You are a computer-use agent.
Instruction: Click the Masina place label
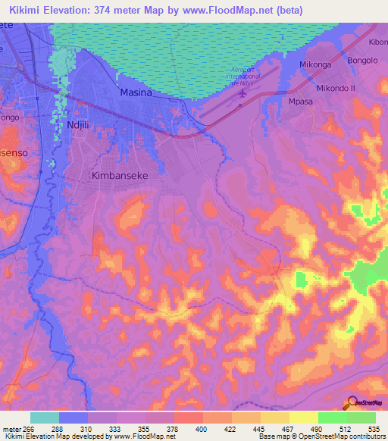coord(136,92)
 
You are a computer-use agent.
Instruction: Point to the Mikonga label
coord(315,64)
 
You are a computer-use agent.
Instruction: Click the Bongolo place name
coord(361,60)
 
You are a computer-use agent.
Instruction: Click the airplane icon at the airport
coord(242,94)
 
